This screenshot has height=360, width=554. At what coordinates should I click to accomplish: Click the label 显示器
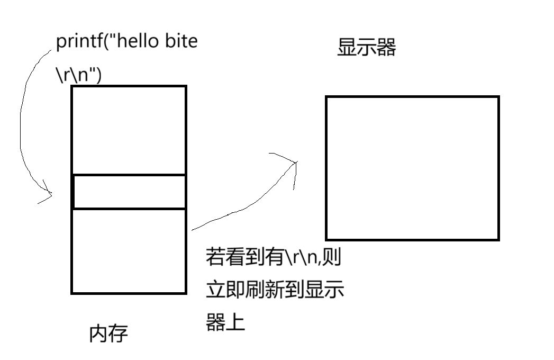coord(366,48)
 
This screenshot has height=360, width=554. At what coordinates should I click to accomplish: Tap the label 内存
coord(108,334)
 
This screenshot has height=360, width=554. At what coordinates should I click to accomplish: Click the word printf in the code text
coord(78,42)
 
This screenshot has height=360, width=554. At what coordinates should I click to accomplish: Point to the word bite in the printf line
coord(181,41)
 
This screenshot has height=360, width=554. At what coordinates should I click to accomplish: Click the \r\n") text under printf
coord(78,75)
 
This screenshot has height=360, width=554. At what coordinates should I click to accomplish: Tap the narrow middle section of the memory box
coord(129,192)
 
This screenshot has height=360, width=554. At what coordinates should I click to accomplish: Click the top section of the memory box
coord(129,130)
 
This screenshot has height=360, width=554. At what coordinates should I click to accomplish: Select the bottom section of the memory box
coord(129,251)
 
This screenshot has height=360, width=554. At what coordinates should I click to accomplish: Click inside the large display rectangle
coord(412,168)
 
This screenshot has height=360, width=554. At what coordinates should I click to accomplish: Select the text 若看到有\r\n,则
coord(273,258)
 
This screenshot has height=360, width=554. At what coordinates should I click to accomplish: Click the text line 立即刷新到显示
coord(275,290)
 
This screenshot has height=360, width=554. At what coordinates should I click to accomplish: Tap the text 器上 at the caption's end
coord(225,321)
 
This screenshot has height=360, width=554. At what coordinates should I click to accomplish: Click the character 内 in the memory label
coord(99,334)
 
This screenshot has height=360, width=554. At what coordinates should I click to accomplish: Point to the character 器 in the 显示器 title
coord(386,48)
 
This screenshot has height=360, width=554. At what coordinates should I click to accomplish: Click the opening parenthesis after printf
coord(104,42)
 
